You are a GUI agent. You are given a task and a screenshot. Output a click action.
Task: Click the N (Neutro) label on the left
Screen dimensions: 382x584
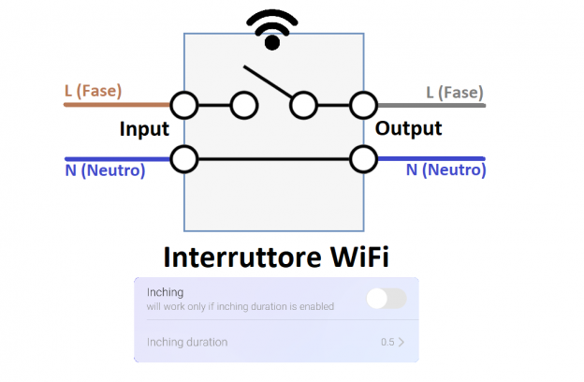pos(105,171)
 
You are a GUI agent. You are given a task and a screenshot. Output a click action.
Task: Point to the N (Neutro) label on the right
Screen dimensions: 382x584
pos(445,171)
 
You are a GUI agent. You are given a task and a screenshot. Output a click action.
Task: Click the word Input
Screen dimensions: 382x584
pos(144,129)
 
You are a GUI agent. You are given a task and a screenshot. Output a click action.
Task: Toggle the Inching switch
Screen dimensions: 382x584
pos(387,299)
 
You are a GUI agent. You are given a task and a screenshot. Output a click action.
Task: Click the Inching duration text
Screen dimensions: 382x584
pos(186,342)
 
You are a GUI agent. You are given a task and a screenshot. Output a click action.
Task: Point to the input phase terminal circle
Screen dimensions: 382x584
pos(183,105)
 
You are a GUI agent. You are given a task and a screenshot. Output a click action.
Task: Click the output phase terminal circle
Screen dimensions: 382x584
pos(362,105)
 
